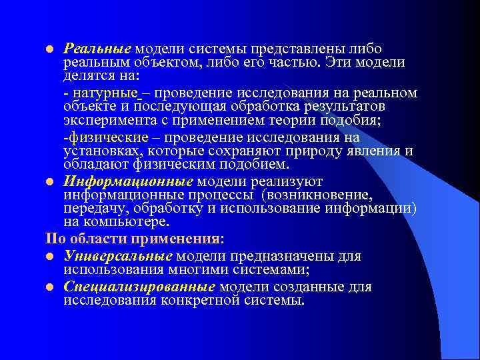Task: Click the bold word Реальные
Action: (x=98, y=49)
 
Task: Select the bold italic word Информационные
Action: (x=128, y=181)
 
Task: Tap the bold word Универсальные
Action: (x=118, y=256)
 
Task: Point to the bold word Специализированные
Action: (x=139, y=287)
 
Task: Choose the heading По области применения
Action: (x=134, y=238)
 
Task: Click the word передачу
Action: (x=91, y=209)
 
